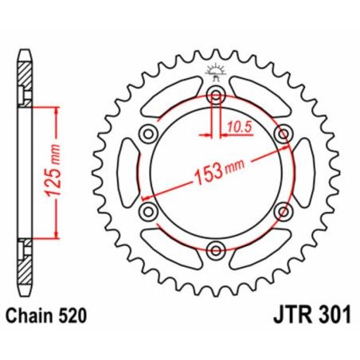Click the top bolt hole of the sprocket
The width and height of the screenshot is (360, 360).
pyautogui.click(x=216, y=96)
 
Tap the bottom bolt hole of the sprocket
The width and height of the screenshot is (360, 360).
pyautogui.click(x=216, y=252)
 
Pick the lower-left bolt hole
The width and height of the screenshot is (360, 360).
pyautogui.click(x=148, y=212)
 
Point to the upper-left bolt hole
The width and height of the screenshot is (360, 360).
pyautogui.click(x=148, y=135)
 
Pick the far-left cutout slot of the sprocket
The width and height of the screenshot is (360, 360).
pyautogui.click(x=127, y=174)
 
